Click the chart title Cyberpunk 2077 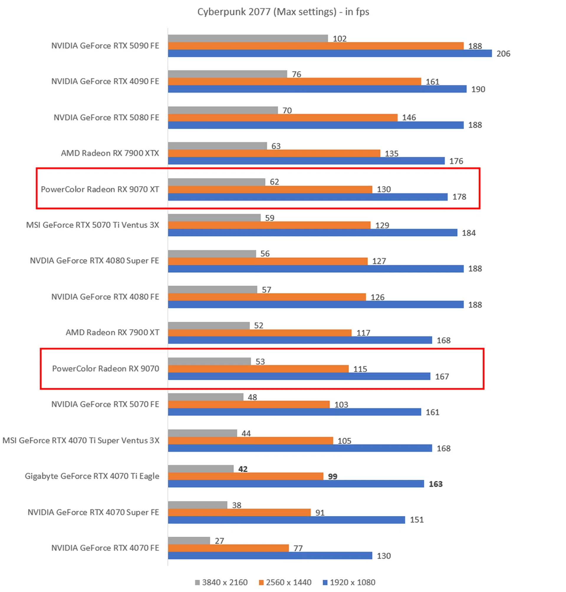[283, 12]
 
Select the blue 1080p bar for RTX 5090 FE [330, 53]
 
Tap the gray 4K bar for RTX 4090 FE [227, 74]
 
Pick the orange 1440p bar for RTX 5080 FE [282, 118]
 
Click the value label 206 [503, 54]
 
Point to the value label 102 [339, 39]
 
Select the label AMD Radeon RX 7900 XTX [110, 153]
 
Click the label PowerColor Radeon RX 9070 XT [100, 189]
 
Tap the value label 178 [459, 197]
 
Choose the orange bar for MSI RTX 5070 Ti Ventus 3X [269, 225]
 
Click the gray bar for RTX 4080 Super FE [212, 254]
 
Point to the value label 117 [363, 333]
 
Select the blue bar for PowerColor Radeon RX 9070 [299, 376]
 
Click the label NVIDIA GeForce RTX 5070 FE [105, 404]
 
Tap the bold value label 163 [435, 484]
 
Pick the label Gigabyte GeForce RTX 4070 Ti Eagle [92, 476]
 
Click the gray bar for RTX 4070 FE [189, 541]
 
